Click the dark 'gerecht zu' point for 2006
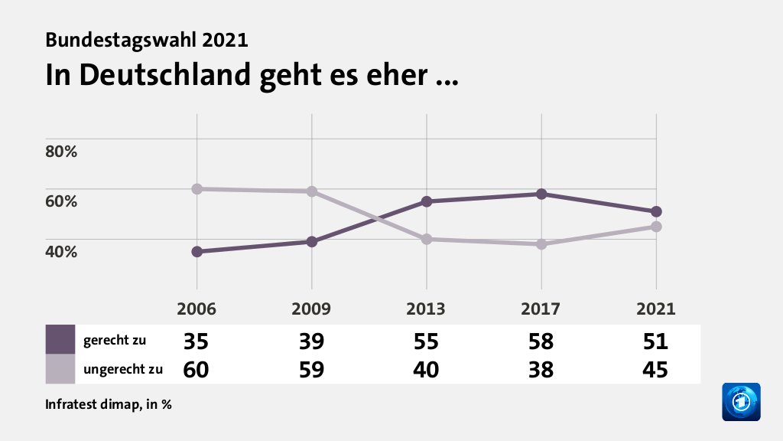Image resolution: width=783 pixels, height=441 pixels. click(x=197, y=252)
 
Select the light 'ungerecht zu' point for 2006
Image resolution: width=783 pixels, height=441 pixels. click(x=197, y=188)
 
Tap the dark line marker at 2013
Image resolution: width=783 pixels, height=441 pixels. click(x=427, y=201)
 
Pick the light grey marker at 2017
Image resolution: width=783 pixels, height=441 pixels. click(x=541, y=244)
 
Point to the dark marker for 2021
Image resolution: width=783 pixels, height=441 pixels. click(x=656, y=211)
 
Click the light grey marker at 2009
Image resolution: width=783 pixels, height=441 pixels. click(x=312, y=191)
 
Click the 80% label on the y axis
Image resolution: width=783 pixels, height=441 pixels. click(x=61, y=151)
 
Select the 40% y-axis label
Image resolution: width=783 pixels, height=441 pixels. click(x=61, y=251)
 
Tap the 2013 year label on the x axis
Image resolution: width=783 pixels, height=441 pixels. click(x=426, y=309)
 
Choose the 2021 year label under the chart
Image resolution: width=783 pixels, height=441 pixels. click(x=655, y=309)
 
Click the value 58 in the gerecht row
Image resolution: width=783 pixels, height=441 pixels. click(x=541, y=341)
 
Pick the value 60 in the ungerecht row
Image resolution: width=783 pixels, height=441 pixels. click(x=197, y=369)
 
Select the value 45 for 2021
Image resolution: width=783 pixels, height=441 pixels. click(x=655, y=369)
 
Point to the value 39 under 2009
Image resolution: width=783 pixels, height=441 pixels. click(x=312, y=341)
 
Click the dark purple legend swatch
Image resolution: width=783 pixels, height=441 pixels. click(x=60, y=339)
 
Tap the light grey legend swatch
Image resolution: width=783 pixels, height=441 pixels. click(x=60, y=368)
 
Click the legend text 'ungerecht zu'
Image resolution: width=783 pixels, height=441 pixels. click(x=123, y=369)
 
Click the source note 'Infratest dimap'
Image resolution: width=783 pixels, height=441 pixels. click(x=92, y=405)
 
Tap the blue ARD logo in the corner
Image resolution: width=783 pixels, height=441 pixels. click(x=741, y=401)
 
